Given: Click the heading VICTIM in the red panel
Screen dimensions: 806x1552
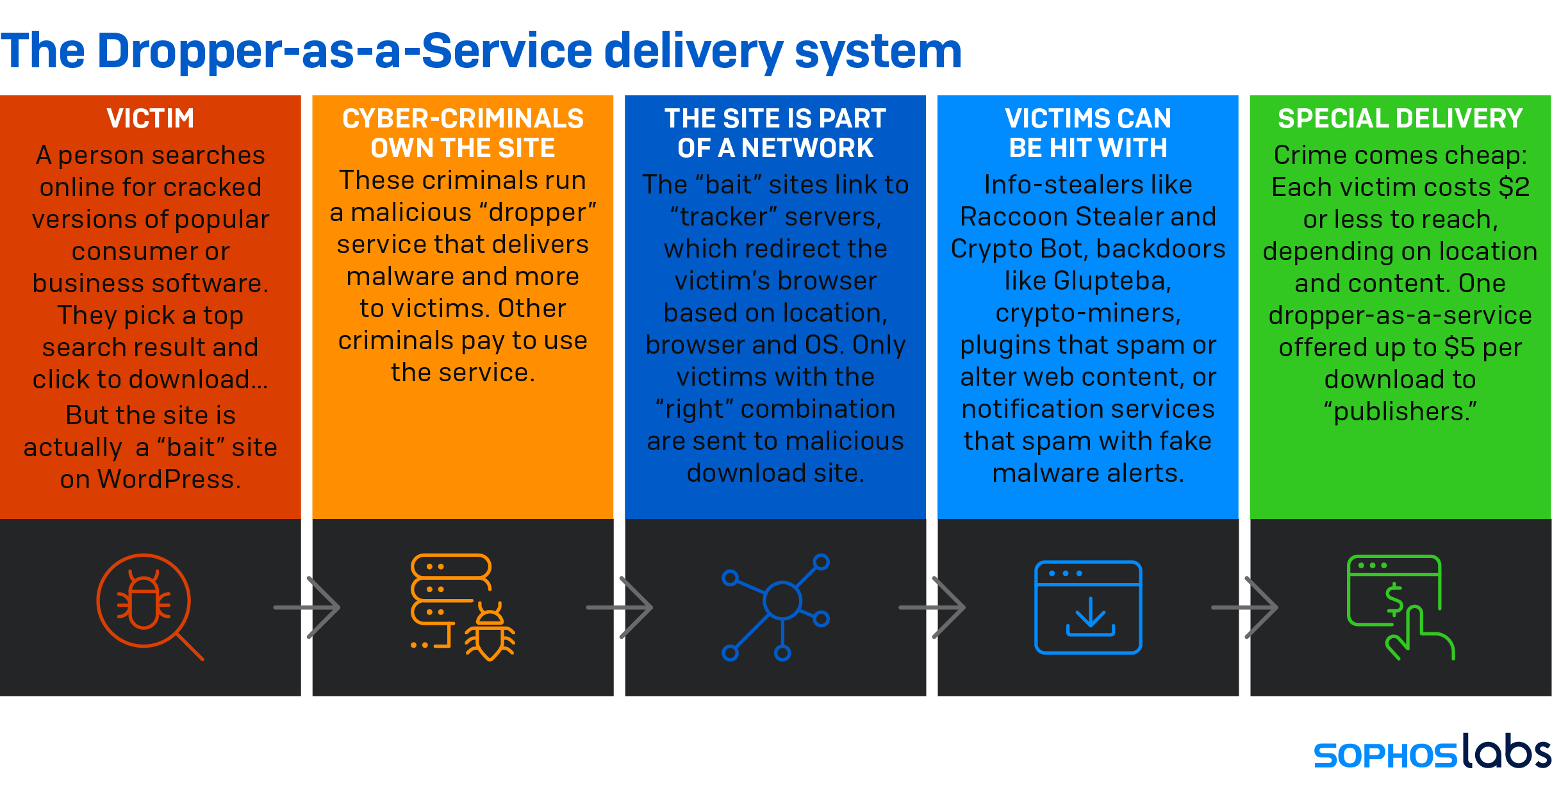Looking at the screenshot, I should pos(150,119).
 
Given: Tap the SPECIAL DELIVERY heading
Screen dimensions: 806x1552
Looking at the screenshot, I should pos(1400,119).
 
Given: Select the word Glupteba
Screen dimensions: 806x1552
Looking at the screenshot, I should pos(1112,281).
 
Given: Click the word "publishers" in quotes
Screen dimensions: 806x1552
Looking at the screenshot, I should pos(1400,411).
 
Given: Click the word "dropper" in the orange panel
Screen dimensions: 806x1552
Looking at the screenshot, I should pos(542,213).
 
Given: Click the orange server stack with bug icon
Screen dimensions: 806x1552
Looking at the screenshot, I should pos(461,605).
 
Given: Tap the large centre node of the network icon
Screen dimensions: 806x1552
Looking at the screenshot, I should pos(782,600).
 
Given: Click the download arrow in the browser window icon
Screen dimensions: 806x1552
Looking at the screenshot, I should pos(1090,615).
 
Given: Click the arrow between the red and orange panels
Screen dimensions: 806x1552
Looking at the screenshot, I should pos(308,607).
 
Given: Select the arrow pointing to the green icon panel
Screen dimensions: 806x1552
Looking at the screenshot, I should pos(1245,607).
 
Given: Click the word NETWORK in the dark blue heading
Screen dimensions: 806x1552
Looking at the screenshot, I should pos(807,149).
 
